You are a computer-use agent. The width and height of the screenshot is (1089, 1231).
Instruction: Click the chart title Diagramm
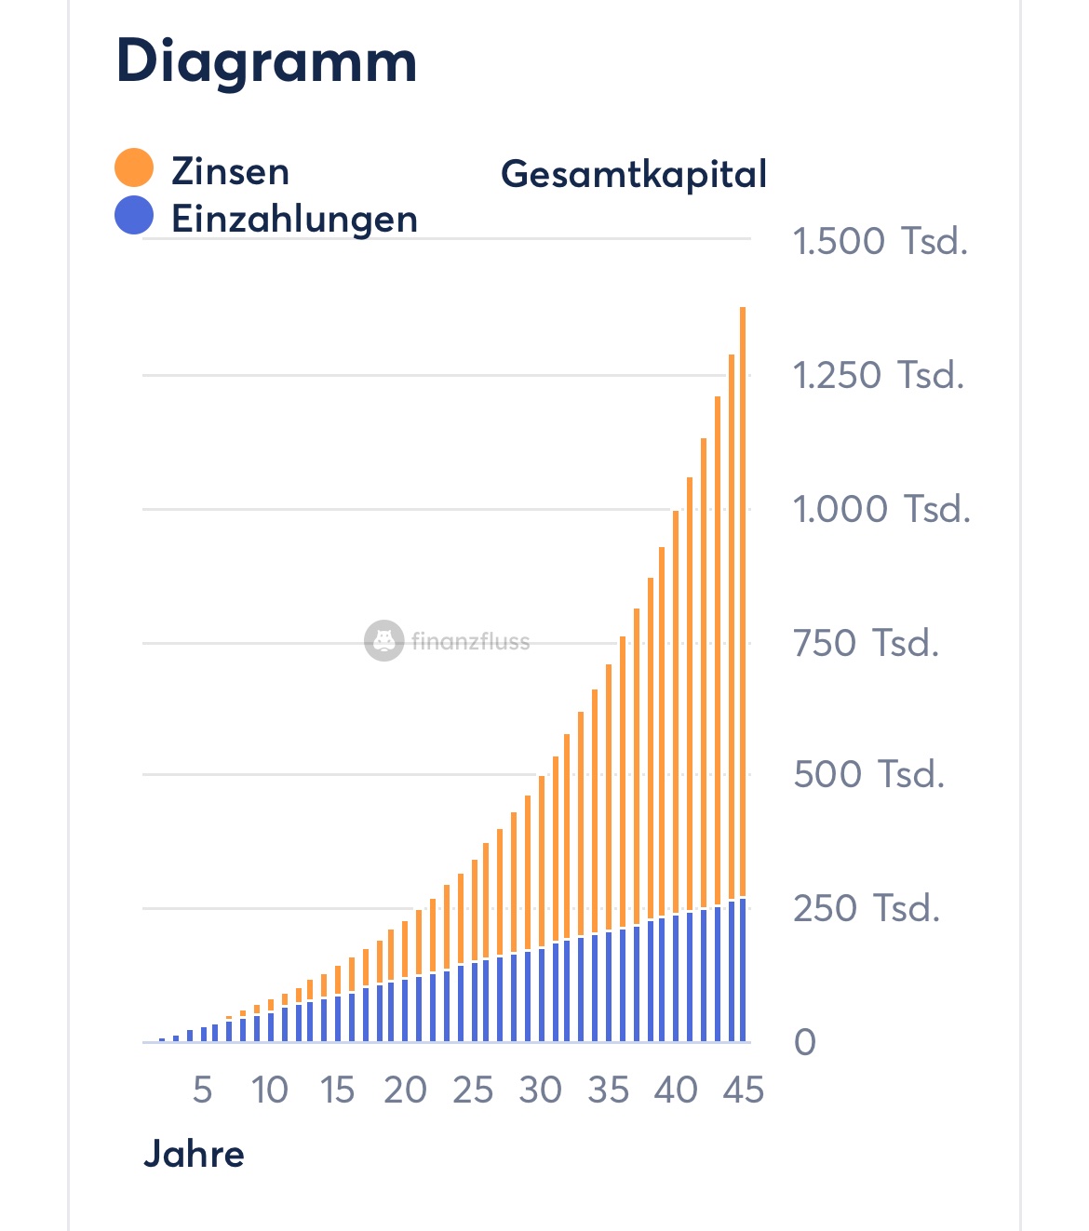(266, 61)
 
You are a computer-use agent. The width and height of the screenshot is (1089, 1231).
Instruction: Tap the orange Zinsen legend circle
(134, 167)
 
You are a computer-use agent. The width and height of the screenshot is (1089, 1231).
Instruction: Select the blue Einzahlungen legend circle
(134, 215)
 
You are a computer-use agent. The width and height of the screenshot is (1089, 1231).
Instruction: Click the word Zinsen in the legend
(230, 172)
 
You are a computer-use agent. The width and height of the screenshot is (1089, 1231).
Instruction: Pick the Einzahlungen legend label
(294, 220)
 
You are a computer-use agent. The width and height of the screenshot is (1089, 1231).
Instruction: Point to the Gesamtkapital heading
(633, 174)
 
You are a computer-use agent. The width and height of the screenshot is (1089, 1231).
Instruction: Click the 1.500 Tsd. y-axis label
(880, 241)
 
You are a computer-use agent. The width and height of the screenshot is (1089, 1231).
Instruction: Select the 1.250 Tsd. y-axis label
(878, 375)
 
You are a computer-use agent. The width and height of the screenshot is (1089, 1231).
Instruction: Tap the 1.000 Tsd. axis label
(881, 509)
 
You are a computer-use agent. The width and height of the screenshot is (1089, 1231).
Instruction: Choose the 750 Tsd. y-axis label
(866, 643)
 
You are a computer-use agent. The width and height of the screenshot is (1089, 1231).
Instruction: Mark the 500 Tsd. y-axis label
(868, 774)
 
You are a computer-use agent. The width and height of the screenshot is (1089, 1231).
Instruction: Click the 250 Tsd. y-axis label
(866, 908)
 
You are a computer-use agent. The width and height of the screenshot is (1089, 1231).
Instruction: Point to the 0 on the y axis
(804, 1042)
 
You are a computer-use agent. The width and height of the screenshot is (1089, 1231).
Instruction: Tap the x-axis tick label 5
(202, 1090)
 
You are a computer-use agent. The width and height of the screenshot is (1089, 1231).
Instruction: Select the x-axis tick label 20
(405, 1090)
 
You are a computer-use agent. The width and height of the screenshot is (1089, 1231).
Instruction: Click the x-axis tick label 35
(608, 1090)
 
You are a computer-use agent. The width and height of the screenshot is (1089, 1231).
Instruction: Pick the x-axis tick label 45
(743, 1090)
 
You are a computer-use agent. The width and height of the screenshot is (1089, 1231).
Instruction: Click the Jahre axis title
(194, 1154)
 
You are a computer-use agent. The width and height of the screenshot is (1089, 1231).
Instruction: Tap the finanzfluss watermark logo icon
(383, 641)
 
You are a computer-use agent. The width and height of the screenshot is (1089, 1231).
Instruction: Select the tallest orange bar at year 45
(743, 595)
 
